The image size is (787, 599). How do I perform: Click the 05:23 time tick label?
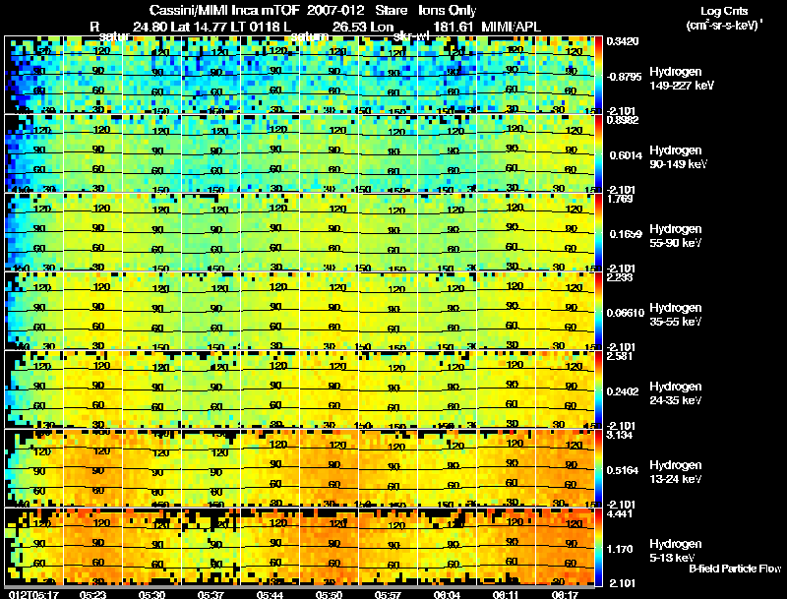click(x=93, y=593)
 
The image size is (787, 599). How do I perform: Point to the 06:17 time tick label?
click(x=566, y=593)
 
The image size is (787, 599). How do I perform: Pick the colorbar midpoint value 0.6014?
click(x=621, y=154)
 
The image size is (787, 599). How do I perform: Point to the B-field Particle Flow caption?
click(x=735, y=568)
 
